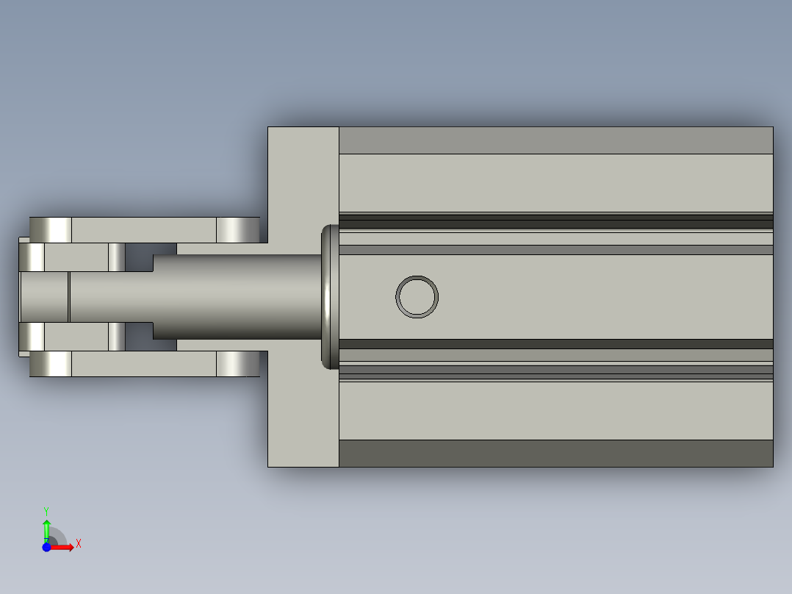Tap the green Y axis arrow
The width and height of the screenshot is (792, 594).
click(46, 530)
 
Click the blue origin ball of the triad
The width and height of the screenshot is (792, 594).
click(46, 547)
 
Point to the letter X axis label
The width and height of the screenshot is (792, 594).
click(79, 544)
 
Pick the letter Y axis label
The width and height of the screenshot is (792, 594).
click(46, 512)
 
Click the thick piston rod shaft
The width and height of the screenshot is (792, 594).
click(237, 297)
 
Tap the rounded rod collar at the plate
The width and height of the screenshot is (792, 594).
click(330, 297)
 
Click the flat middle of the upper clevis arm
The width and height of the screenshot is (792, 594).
click(144, 230)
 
